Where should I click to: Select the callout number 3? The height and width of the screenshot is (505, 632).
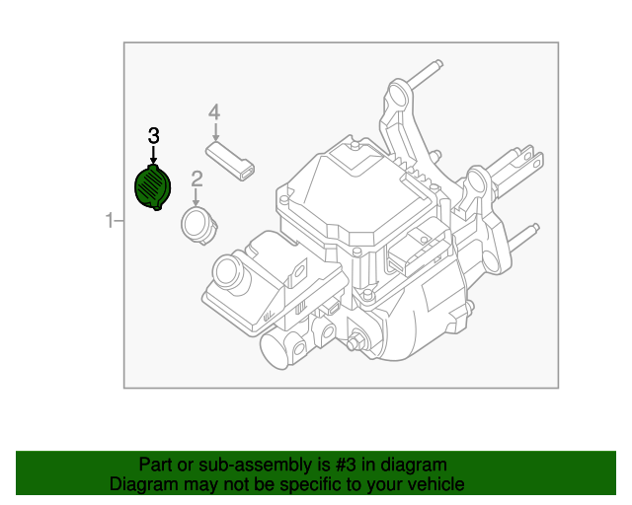point(153,135)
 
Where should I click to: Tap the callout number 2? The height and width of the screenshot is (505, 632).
point(197,179)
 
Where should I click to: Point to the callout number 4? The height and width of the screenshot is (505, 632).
point(214,113)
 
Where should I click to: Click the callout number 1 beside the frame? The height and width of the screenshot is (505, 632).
point(111,221)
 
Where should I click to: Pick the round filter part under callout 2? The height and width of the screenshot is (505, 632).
point(198,225)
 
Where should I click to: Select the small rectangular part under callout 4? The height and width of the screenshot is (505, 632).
point(230,160)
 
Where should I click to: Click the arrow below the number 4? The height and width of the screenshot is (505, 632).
point(214,132)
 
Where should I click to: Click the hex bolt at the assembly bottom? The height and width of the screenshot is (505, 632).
point(354,343)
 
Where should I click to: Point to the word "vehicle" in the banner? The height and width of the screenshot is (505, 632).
point(433,484)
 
